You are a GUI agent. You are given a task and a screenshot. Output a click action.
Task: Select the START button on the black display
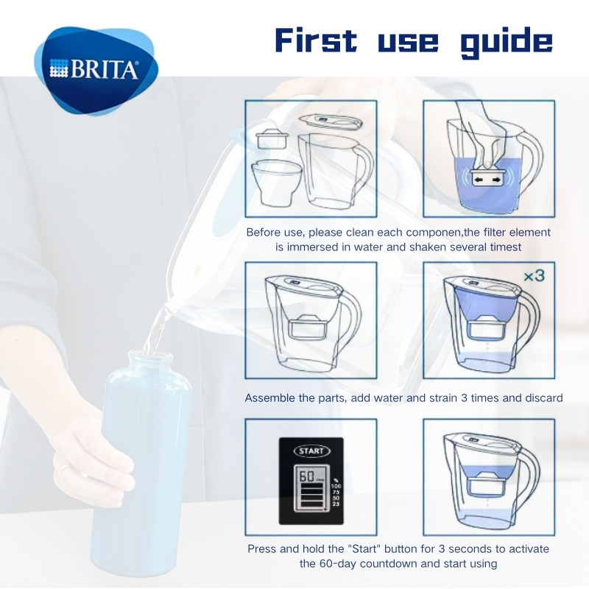coord(311,451)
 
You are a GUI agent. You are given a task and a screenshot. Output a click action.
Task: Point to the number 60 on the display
coord(306,476)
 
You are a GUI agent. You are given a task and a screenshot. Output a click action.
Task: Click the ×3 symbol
coord(535,276)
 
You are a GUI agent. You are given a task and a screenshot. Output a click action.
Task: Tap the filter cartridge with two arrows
coord(487,178)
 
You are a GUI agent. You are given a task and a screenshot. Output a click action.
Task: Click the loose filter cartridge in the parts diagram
coord(272,138)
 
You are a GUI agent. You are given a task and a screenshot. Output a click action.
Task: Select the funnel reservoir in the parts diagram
coord(277,182)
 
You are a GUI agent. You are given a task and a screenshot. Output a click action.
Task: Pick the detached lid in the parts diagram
coord(331,121)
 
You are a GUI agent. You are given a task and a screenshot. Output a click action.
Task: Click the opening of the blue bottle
coord(150,355)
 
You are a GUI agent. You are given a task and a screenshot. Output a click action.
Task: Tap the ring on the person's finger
coord(65,469)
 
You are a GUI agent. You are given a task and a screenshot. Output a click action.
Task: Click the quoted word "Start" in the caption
coord(364,549)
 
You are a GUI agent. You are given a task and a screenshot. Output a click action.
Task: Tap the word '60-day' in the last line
coord(339,564)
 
